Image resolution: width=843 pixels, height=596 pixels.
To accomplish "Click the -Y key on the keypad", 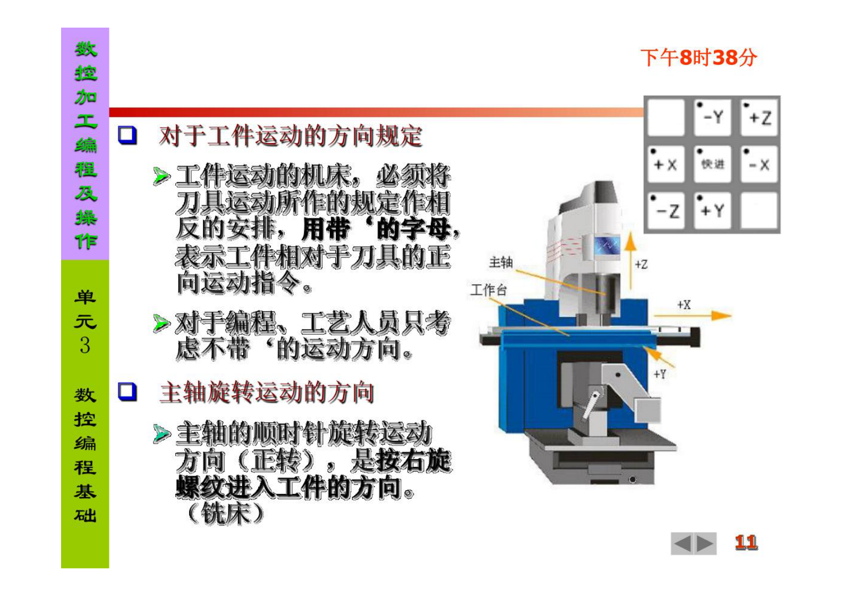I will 712,117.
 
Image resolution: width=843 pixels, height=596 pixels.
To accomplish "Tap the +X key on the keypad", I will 666,164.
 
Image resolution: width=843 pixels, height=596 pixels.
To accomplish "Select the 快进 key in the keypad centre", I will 712,164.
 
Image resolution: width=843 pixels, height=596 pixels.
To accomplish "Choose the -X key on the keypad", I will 759,164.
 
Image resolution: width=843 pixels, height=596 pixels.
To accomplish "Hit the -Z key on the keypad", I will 666,211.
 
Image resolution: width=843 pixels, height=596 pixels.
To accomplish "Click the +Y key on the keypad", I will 712,211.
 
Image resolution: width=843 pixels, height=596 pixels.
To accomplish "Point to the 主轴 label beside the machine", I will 500,262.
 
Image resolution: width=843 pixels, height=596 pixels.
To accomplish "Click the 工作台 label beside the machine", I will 488,290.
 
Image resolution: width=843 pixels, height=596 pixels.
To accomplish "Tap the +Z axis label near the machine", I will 641,264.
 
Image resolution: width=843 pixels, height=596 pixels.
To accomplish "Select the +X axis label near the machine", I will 684,305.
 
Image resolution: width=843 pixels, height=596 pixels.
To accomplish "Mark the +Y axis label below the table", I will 659,374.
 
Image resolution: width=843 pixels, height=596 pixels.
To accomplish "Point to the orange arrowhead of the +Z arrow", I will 630,241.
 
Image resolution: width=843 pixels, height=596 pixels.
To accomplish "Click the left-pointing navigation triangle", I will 682,543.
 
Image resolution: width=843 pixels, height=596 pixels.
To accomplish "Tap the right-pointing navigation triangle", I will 705,543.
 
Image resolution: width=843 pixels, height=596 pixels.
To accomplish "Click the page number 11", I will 746,542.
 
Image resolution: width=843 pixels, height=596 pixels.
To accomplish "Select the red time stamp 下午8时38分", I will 698,57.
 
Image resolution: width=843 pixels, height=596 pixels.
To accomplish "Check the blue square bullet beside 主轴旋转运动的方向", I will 127,391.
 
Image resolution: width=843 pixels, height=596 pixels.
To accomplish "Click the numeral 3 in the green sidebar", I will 85,345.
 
